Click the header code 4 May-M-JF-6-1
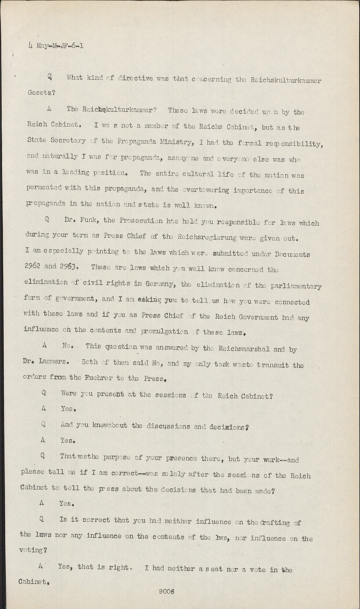(x=56, y=45)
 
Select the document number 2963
(x=68, y=267)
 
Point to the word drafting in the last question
(x=274, y=523)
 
